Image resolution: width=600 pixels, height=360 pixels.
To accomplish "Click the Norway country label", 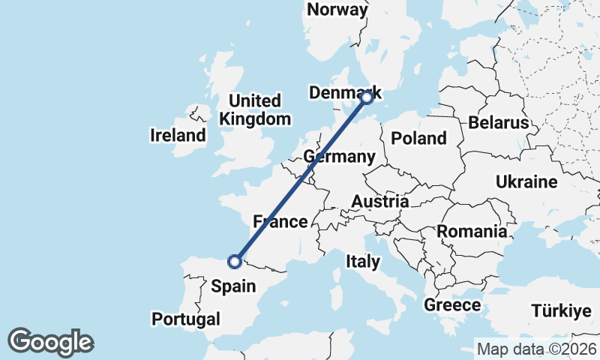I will coord(337,10).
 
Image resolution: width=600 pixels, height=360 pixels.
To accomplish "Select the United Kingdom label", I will coord(255,109).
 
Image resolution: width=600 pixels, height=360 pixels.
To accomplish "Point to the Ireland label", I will coord(178,136).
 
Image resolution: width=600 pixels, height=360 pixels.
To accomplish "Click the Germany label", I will coord(339,157).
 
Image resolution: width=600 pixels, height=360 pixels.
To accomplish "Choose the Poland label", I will coord(418,138).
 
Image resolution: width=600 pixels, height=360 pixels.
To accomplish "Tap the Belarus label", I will coord(498,123).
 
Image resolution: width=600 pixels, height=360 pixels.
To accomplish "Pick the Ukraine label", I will coord(526,181).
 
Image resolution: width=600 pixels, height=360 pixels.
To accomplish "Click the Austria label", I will coord(381,201).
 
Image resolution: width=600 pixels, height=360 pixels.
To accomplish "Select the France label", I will coord(280,221).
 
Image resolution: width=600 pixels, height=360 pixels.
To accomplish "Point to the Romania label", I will coord(472,231).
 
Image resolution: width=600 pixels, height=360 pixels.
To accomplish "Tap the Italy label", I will coord(363,262).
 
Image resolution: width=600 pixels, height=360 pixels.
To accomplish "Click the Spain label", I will coord(233,286).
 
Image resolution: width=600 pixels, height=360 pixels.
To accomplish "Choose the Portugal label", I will coord(186,319).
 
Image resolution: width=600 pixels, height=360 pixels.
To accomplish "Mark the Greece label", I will coord(452,305).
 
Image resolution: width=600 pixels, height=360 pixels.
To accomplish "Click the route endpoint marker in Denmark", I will coord(367,97).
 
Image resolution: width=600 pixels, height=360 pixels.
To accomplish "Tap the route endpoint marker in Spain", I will coord(235,261).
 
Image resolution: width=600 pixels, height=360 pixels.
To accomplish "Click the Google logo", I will coord(50,342).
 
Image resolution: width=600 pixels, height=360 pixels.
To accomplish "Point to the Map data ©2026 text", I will coord(537,349).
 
